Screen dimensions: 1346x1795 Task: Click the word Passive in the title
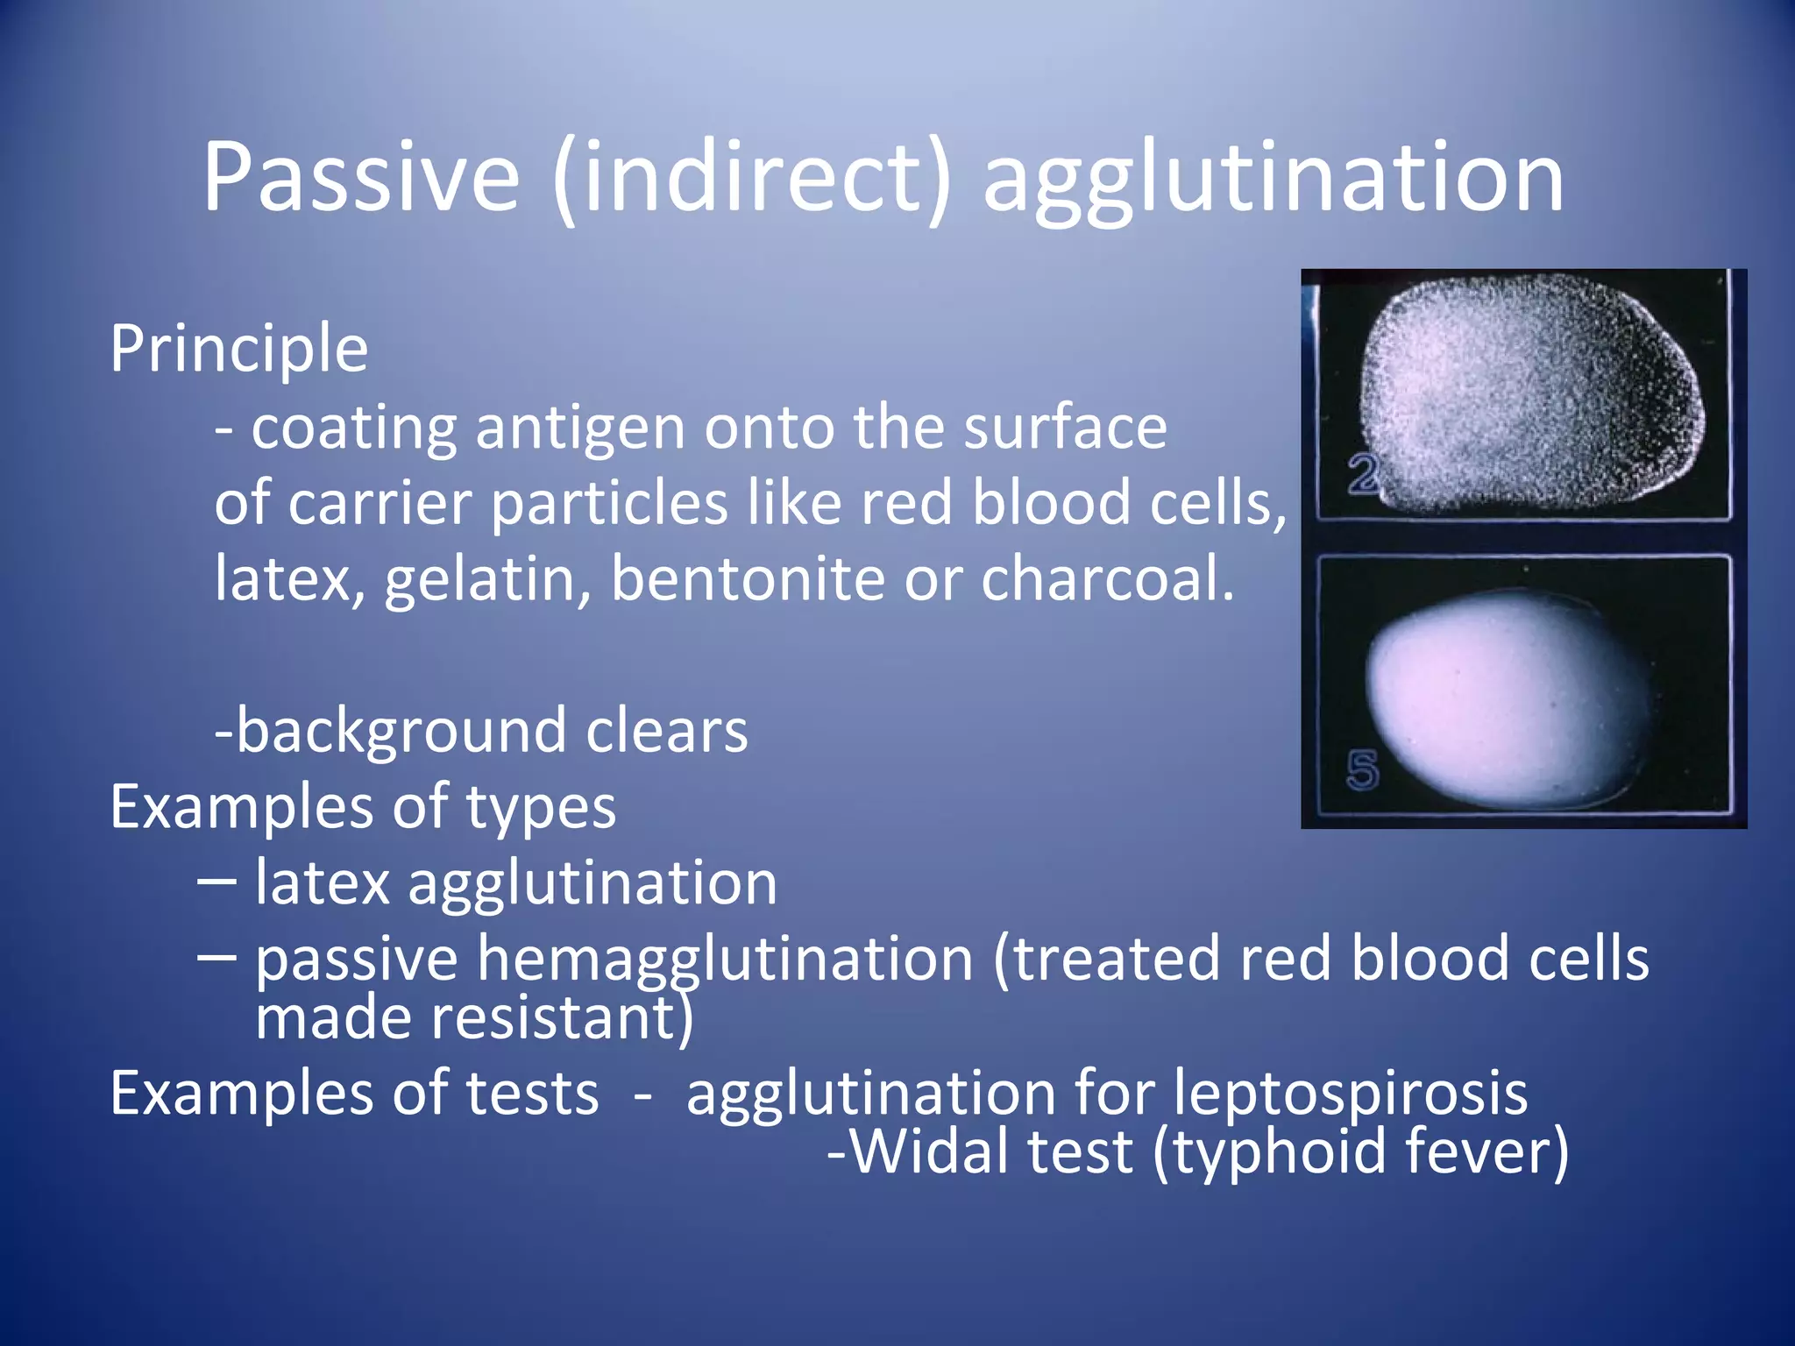click(x=361, y=178)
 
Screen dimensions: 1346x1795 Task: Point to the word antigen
click(x=579, y=429)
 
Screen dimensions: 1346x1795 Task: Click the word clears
click(x=666, y=731)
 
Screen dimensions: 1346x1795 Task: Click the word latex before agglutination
click(x=322, y=882)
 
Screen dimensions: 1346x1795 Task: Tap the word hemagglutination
click(x=725, y=960)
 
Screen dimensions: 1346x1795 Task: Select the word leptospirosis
click(x=1350, y=1096)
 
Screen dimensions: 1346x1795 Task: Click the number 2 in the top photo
click(x=1362, y=476)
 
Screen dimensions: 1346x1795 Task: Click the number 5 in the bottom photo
click(x=1362, y=769)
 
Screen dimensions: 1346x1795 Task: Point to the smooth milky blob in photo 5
click(x=1499, y=697)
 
